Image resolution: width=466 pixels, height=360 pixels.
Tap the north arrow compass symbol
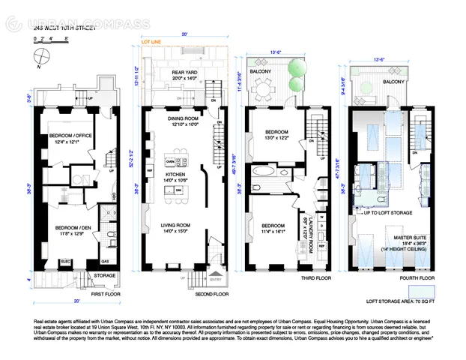click(39, 54)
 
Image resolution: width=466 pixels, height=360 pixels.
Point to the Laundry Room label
click(309, 235)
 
